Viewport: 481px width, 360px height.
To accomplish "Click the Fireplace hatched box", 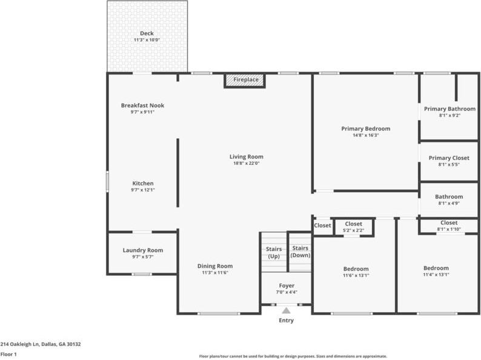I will [245, 80].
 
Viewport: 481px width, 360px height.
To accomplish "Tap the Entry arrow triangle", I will [285, 310].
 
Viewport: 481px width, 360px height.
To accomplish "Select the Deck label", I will [147, 33].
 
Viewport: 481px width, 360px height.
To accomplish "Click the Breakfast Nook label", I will [142, 105].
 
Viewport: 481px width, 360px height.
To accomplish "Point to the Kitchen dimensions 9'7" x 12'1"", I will [142, 190].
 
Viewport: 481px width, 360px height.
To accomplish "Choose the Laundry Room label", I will [142, 250].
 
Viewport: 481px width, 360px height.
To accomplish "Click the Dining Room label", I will [215, 266].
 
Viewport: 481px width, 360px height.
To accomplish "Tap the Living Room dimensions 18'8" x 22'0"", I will [246, 163].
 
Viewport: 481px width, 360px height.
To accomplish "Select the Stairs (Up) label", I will [273, 252].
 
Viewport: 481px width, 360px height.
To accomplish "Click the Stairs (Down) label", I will [300, 252].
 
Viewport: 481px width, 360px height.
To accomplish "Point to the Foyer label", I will [287, 285].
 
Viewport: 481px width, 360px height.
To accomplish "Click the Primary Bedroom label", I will [365, 128].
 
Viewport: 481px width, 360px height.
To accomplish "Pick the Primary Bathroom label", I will [449, 109].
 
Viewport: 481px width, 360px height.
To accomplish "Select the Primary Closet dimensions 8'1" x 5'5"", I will [449, 164].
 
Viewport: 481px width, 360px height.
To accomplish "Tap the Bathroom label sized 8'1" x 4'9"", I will [449, 196].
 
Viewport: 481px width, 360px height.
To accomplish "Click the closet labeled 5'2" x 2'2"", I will [353, 224].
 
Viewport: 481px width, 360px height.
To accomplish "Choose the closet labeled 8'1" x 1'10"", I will [449, 222].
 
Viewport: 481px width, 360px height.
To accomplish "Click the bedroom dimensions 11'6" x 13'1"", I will [356, 275].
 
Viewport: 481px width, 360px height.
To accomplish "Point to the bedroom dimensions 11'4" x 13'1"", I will [436, 275].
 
